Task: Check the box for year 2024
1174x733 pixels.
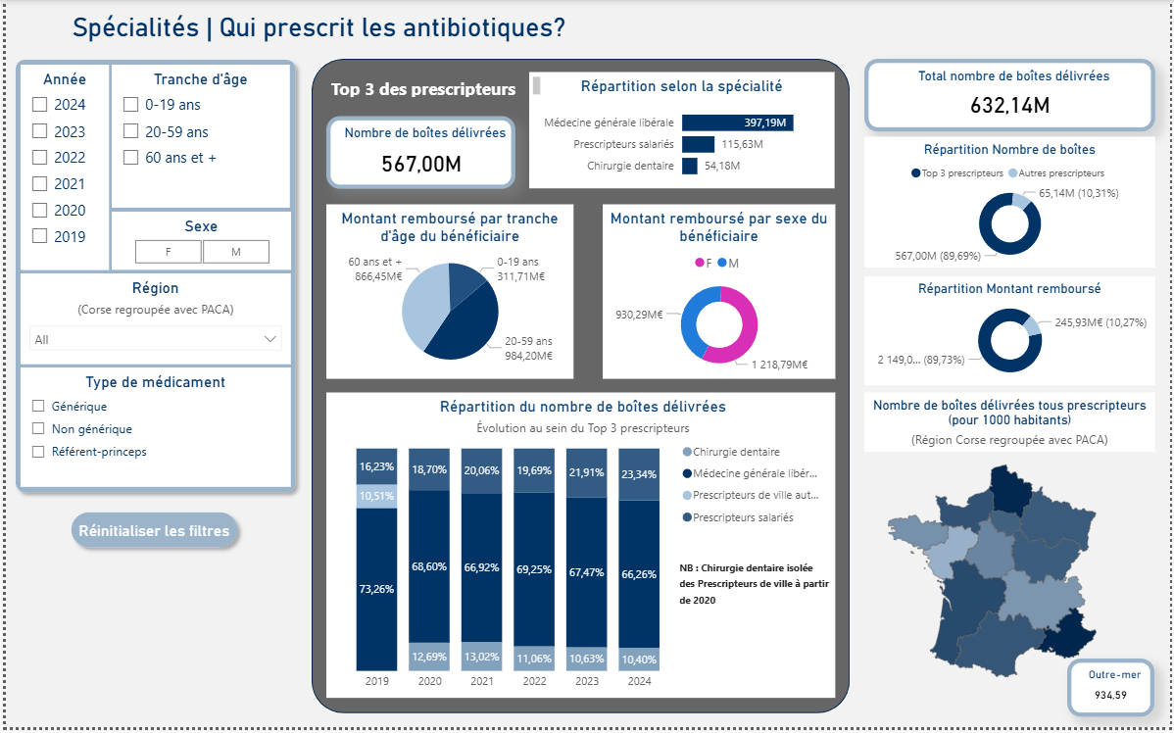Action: click(x=40, y=105)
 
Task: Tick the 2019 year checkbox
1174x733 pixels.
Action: click(x=40, y=236)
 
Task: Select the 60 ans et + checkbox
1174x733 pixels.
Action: click(x=130, y=158)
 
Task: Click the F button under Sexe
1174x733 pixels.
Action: click(x=169, y=252)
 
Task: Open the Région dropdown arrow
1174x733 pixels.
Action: click(x=270, y=339)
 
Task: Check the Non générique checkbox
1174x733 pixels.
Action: click(x=39, y=429)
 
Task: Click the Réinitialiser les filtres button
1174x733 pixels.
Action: click(x=154, y=531)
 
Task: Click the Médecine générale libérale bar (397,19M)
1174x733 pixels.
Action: click(x=737, y=122)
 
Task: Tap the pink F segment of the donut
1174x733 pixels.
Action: click(x=740, y=323)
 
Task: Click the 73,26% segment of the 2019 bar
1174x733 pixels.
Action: click(x=376, y=588)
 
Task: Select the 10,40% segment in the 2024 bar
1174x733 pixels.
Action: click(x=639, y=659)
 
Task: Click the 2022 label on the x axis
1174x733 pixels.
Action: click(x=534, y=681)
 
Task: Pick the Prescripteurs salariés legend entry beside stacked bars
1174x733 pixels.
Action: click(x=742, y=517)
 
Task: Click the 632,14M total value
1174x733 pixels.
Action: click(x=1009, y=105)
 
